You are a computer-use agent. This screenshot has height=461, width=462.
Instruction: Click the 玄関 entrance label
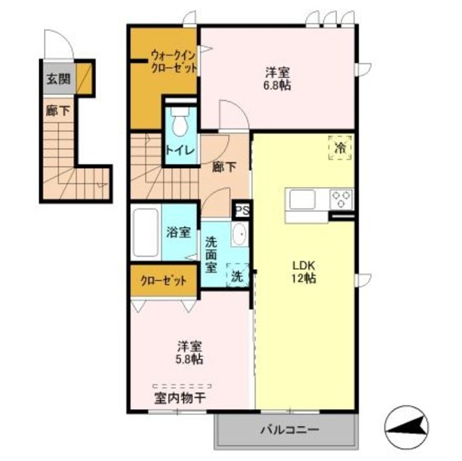coord(58,79)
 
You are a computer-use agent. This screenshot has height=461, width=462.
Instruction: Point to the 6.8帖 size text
coord(277,84)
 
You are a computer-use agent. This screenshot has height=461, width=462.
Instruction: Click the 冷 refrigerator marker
coord(341,147)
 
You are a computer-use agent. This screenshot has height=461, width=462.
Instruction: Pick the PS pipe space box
coord(241,210)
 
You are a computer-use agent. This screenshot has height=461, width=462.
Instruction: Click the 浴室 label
coord(178,232)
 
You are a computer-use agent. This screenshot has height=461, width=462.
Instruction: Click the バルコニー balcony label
coord(289,431)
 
